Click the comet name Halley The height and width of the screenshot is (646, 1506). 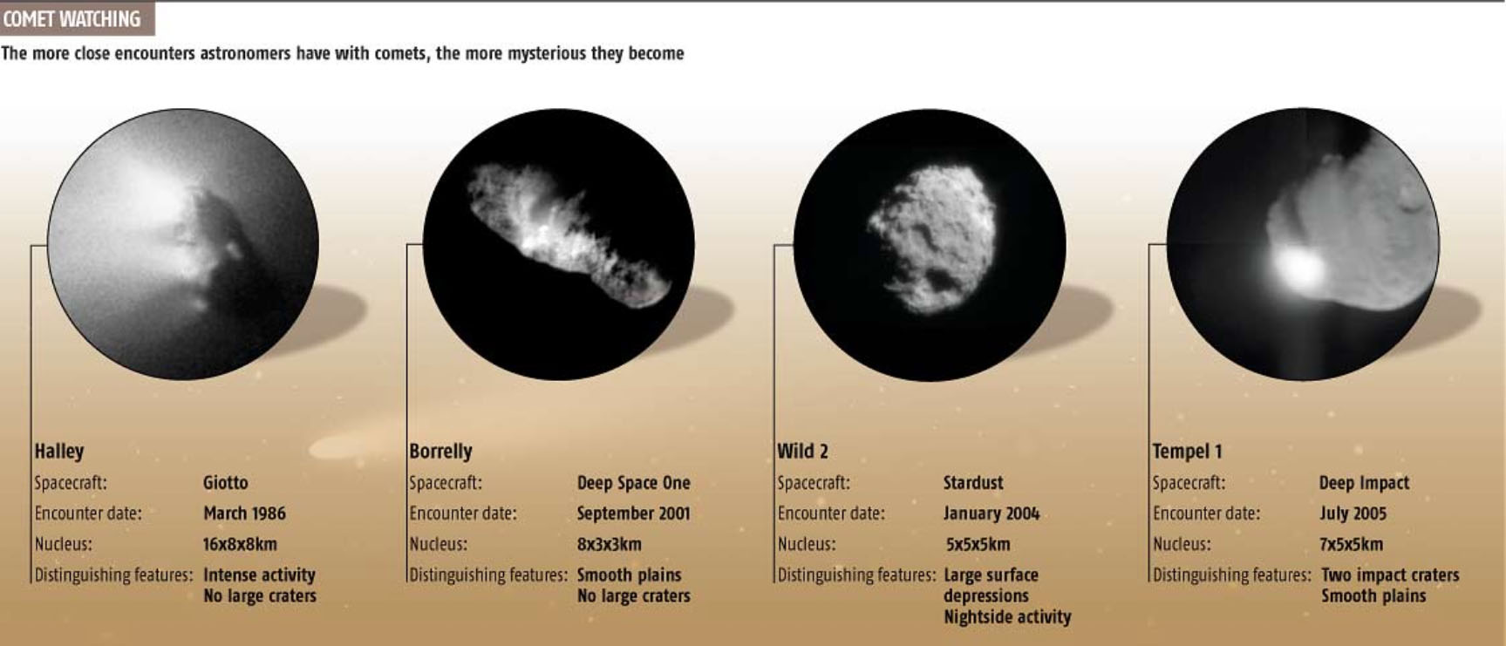tap(59, 452)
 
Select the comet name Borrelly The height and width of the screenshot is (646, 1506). tap(440, 452)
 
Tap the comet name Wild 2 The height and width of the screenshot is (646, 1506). tap(802, 452)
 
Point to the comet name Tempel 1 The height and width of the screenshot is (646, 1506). tap(1187, 452)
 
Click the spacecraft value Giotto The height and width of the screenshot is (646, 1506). tap(225, 483)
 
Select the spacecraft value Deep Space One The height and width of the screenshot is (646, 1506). tap(633, 483)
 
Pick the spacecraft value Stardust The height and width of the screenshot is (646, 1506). tap(972, 483)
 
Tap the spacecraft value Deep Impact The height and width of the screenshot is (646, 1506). tap(1364, 483)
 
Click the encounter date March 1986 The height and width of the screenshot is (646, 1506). tap(244, 513)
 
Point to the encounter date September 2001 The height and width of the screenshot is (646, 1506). tap(633, 513)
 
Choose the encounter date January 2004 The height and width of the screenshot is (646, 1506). tap(991, 513)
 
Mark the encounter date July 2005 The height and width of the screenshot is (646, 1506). tap(1353, 513)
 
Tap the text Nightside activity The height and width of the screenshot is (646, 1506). tap(1006, 617)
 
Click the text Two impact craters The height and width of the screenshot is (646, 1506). tap(1390, 575)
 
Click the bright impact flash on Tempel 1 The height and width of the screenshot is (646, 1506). tap(1298, 268)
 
